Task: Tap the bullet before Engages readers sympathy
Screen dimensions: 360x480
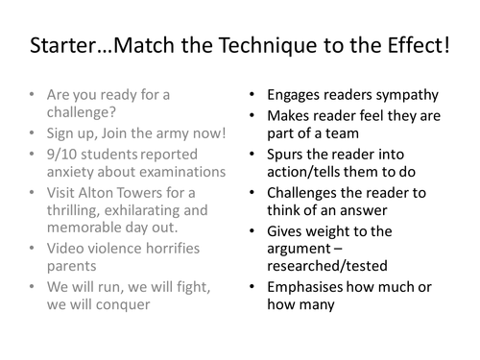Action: coord(252,95)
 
